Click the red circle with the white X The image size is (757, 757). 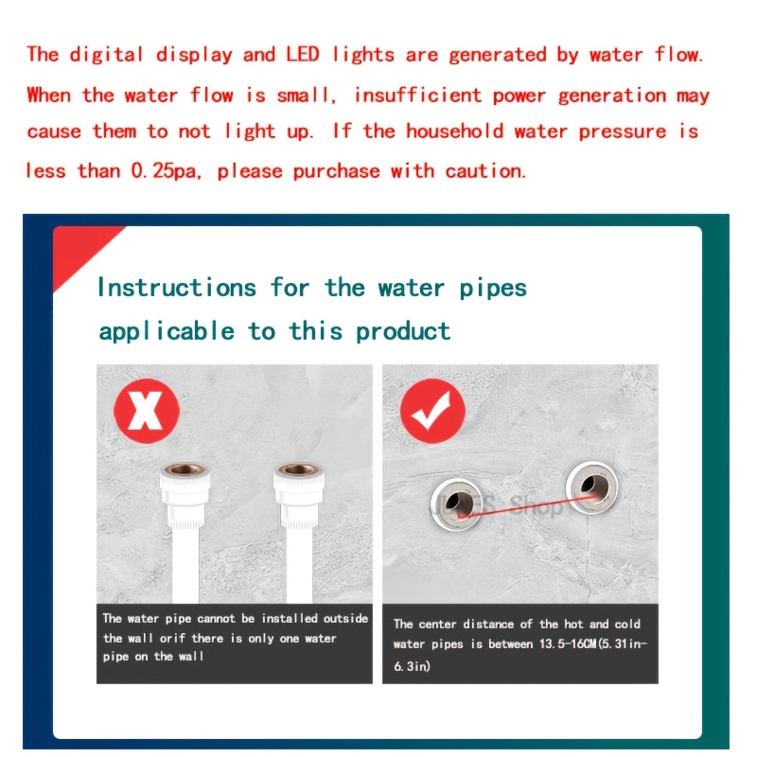(147, 411)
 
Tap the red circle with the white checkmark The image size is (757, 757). (432, 411)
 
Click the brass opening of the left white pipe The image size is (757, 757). (185, 468)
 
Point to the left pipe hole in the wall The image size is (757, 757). (457, 504)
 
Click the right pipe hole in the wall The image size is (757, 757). (592, 486)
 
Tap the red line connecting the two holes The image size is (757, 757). (527, 506)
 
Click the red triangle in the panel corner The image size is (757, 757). (82, 254)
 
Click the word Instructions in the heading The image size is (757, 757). (177, 288)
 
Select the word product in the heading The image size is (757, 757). (403, 332)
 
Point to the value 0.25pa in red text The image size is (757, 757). (164, 171)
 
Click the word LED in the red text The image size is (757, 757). (303, 54)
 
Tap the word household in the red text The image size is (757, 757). (455, 132)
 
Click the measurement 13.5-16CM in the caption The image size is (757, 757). (568, 644)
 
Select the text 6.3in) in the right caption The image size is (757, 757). (412, 666)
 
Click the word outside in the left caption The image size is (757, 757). (345, 619)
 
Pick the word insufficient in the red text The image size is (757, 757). (418, 96)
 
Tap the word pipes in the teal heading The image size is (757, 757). (492, 289)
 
